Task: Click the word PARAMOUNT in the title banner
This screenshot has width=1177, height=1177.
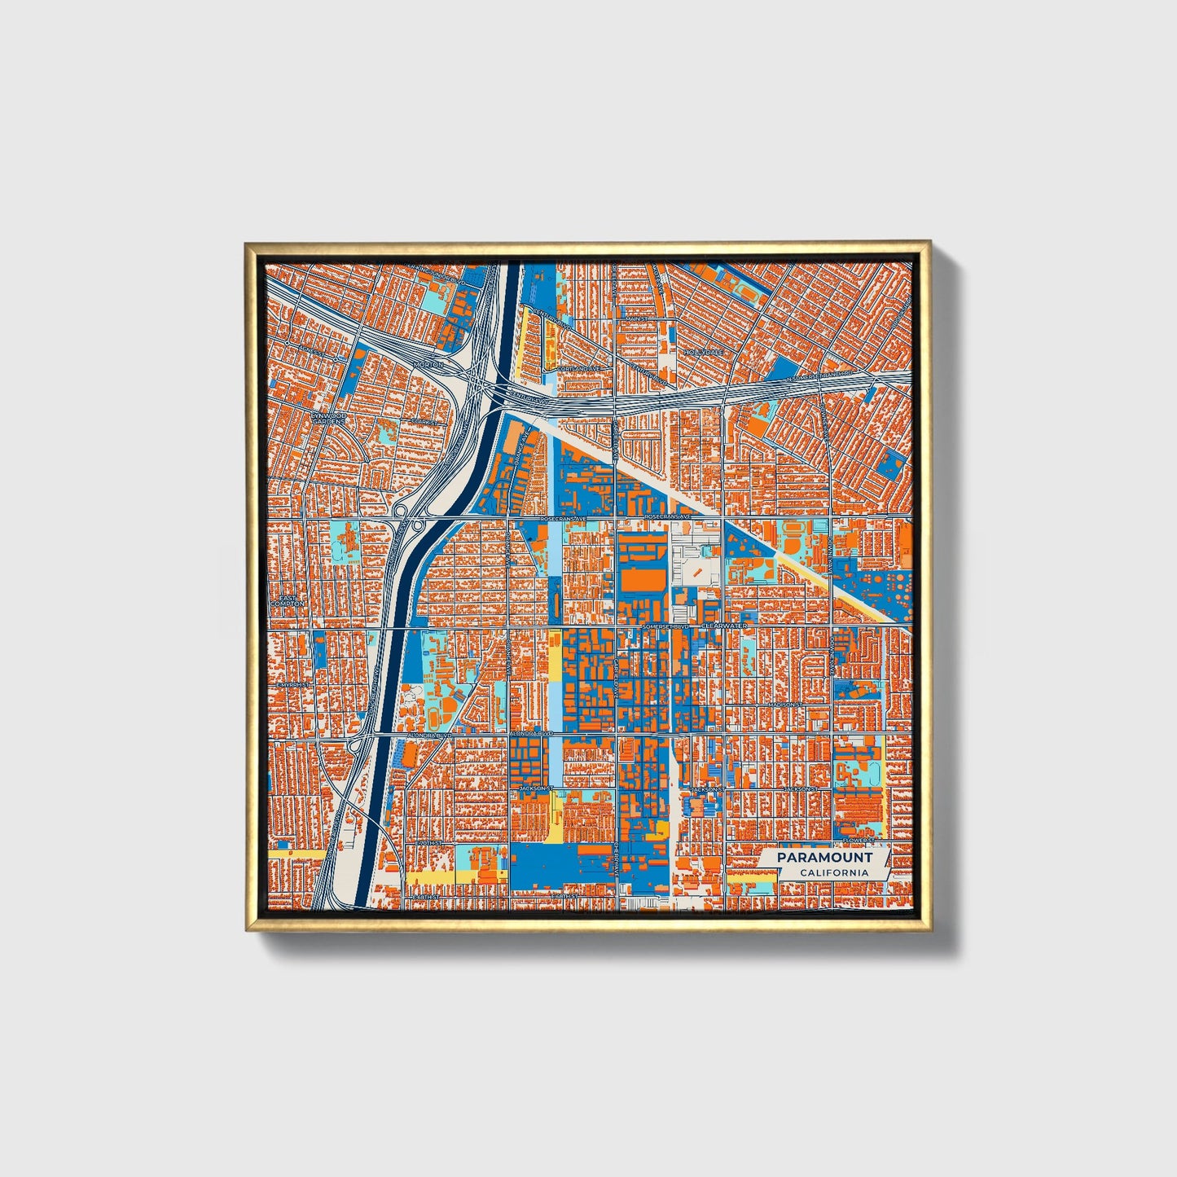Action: (x=823, y=858)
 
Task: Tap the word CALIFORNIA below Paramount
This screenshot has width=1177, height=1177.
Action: (x=833, y=873)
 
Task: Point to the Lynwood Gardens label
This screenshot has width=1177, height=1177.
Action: (x=328, y=419)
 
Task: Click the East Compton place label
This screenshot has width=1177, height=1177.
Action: (x=291, y=600)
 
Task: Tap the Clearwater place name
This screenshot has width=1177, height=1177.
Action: (x=724, y=626)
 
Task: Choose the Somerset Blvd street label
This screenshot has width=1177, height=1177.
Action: (x=665, y=626)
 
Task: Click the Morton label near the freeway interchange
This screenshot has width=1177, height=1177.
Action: (x=428, y=365)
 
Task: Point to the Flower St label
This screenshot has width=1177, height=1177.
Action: (x=858, y=840)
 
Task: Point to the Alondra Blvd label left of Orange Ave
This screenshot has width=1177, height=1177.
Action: (x=431, y=735)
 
